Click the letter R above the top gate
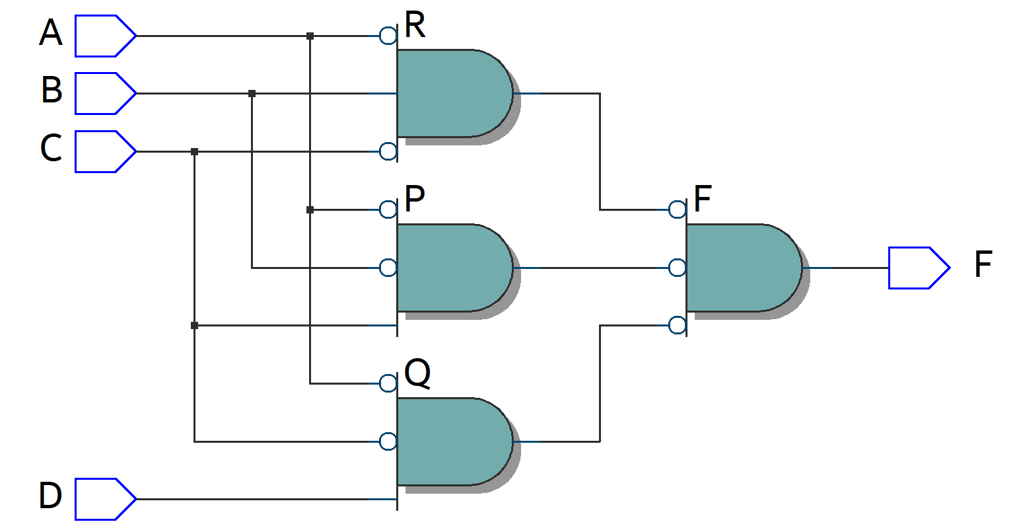(415, 25)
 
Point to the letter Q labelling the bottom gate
(417, 374)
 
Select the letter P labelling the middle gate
(414, 199)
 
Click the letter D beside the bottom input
(50, 496)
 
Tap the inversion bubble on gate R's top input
(388, 36)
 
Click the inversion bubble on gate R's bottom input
(388, 151)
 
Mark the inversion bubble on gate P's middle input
(388, 268)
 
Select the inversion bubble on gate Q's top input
(388, 383)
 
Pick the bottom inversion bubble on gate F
(678, 325)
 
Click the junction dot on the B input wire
(252, 94)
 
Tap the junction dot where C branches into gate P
(194, 325)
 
